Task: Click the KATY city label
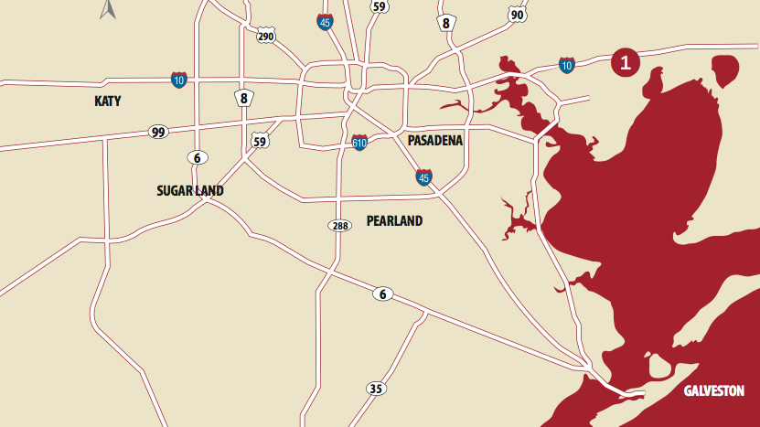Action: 108,101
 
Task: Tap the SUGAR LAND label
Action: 189,191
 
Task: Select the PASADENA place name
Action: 434,141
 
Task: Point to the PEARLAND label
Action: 394,220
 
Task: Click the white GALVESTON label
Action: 714,390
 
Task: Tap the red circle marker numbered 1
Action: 625,62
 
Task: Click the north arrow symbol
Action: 108,10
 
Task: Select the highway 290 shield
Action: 266,36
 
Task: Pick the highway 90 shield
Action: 518,14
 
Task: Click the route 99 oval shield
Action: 158,133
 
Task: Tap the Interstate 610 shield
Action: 360,143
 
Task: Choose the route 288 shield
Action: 339,225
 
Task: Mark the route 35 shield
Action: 375,389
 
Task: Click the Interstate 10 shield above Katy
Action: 178,80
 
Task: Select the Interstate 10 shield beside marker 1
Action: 567,65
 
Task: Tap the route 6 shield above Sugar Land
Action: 197,157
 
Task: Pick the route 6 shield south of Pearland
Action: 383,294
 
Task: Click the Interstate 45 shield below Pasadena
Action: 423,176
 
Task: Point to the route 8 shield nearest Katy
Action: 243,98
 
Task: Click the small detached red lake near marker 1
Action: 724,70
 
